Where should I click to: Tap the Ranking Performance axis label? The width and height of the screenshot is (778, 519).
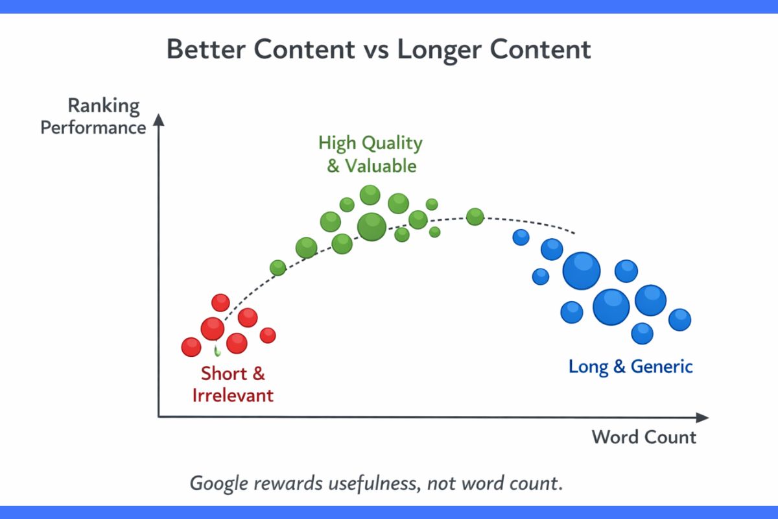[93, 116]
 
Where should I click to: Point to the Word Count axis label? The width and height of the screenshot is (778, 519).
[643, 437]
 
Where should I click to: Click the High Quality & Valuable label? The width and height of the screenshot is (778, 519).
[370, 154]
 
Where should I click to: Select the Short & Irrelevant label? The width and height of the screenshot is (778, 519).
[233, 384]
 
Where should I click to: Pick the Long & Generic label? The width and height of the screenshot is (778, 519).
[630, 367]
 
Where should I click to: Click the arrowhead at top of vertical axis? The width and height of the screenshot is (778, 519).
[158, 121]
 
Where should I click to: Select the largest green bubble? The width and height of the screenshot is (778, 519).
[371, 226]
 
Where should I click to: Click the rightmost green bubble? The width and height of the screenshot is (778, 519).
[475, 217]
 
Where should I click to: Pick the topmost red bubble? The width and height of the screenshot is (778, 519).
[221, 302]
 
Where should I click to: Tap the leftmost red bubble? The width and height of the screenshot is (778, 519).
[191, 347]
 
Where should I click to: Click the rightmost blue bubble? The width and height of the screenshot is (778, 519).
[679, 319]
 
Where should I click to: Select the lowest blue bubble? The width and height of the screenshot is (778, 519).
[642, 333]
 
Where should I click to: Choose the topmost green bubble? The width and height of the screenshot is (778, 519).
[370, 194]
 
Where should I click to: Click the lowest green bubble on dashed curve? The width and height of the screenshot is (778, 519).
[277, 267]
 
